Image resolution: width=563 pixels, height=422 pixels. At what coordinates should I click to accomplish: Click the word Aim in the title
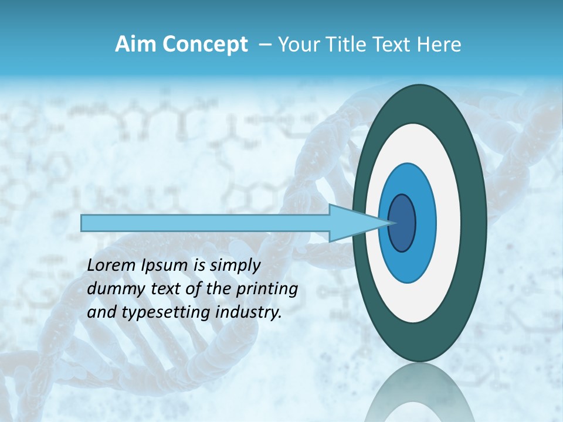coord(135,45)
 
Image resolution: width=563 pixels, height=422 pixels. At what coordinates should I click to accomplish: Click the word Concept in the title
coord(204,45)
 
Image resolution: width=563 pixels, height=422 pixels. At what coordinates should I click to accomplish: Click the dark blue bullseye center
coord(402,223)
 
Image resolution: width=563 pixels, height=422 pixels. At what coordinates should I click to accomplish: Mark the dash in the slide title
coord(265,45)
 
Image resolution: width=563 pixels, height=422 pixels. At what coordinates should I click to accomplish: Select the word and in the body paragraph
coord(101,312)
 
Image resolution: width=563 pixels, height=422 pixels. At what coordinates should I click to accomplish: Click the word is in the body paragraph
coord(199,266)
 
